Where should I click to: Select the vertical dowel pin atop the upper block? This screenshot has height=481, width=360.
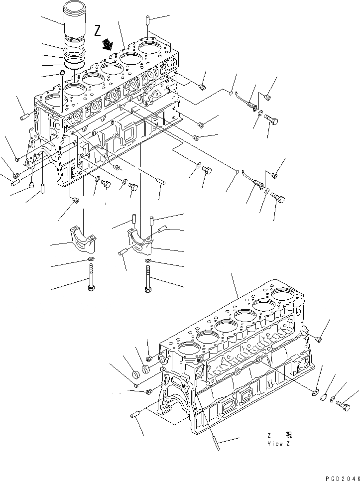tap(148, 21)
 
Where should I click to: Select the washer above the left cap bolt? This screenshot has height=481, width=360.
tap(91, 260)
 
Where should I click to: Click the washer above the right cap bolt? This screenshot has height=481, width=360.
tap(148, 260)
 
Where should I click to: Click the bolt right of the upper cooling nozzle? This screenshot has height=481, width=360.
tap(271, 120)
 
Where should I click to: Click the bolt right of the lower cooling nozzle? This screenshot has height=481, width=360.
tap(278, 198)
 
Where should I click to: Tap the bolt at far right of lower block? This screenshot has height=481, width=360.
tap(343, 403)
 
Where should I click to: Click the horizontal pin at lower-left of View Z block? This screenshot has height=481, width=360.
tap(136, 414)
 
